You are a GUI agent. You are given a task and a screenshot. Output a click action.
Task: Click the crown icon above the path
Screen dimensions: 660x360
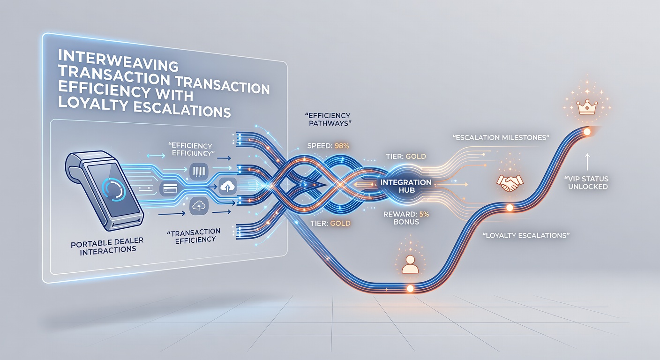click(587, 107)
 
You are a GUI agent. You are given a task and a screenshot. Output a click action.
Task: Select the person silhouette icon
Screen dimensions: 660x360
click(410, 264)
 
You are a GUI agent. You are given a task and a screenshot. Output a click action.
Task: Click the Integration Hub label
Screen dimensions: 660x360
click(406, 186)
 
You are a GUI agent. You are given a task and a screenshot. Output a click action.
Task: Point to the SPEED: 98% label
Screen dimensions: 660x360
click(328, 145)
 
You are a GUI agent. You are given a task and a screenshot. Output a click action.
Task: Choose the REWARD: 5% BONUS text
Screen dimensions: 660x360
click(406, 218)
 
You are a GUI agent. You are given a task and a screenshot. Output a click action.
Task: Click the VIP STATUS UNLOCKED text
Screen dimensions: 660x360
click(588, 183)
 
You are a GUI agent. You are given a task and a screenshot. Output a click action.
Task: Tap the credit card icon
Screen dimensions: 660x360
click(168, 188)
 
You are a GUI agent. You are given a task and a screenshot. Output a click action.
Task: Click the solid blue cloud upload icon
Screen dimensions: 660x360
click(228, 186)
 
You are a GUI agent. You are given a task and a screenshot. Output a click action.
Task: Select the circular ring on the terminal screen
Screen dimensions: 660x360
click(113, 191)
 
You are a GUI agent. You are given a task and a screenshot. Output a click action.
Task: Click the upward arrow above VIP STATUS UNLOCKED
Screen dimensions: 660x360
click(587, 162)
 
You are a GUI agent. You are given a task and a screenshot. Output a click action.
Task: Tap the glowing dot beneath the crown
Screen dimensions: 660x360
click(587, 132)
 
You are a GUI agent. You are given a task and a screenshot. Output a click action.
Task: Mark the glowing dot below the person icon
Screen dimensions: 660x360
click(410, 288)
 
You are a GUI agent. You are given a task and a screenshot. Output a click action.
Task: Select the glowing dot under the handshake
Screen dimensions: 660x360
click(510, 208)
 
